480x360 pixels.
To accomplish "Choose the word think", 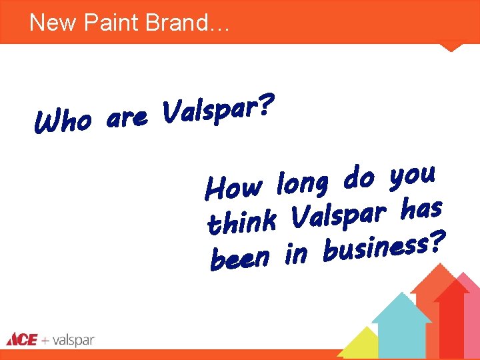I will click(241, 221).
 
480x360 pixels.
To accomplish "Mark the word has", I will click(421, 209).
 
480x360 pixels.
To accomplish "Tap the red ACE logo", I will click(22, 340).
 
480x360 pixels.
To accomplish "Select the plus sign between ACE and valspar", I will click(45, 341).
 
